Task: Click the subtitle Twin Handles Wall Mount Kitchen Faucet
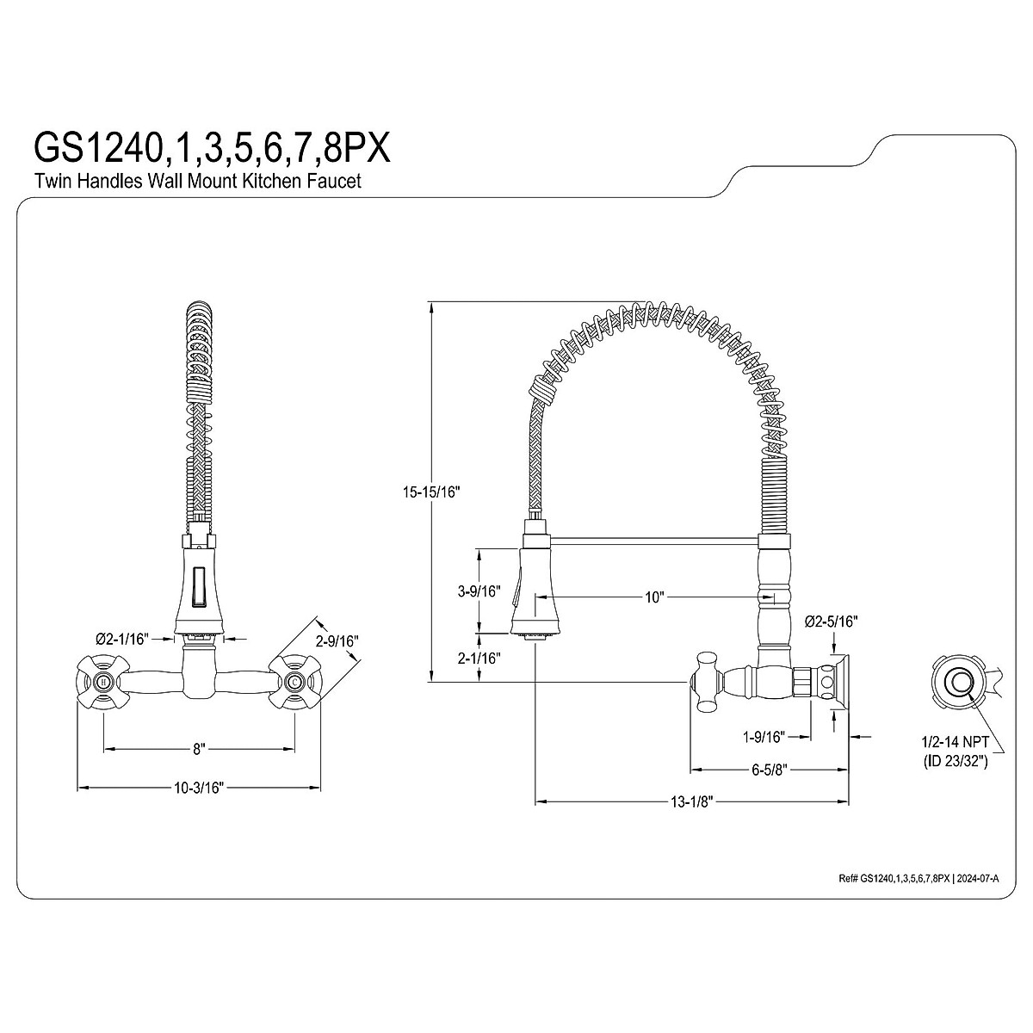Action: [x=198, y=181]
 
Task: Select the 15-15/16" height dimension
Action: [x=431, y=492]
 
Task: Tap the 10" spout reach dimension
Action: [x=654, y=597]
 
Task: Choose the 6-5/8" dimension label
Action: [x=770, y=770]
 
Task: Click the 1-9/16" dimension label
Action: [x=764, y=737]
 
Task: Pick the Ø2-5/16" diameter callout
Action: [x=832, y=622]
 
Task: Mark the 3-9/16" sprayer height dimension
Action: [x=479, y=591]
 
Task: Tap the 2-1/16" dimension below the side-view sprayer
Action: [x=479, y=659]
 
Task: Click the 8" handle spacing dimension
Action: [x=199, y=749]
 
